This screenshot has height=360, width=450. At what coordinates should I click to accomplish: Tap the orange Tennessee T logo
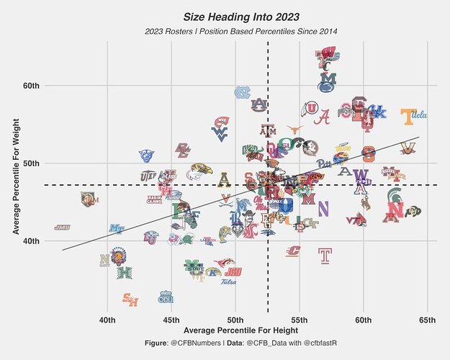[408, 115]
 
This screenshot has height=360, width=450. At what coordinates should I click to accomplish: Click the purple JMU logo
[62, 228]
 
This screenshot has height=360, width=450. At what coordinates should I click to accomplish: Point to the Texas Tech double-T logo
[325, 256]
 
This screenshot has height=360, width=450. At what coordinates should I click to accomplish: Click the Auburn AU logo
[258, 104]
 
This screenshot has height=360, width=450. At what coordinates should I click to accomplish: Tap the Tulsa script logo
[229, 282]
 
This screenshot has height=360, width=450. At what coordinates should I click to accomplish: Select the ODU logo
[166, 297]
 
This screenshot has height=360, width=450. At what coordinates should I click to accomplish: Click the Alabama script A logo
[325, 116]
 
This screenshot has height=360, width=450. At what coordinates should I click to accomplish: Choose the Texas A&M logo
[268, 132]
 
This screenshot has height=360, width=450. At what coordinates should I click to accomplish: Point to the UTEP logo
[148, 176]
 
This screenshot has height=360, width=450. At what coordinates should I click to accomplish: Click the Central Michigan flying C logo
[294, 251]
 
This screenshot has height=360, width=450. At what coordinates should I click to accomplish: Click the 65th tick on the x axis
[428, 320]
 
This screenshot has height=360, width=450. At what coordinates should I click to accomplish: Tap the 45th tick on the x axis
[171, 320]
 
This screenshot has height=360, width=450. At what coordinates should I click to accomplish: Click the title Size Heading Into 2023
[240, 16]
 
